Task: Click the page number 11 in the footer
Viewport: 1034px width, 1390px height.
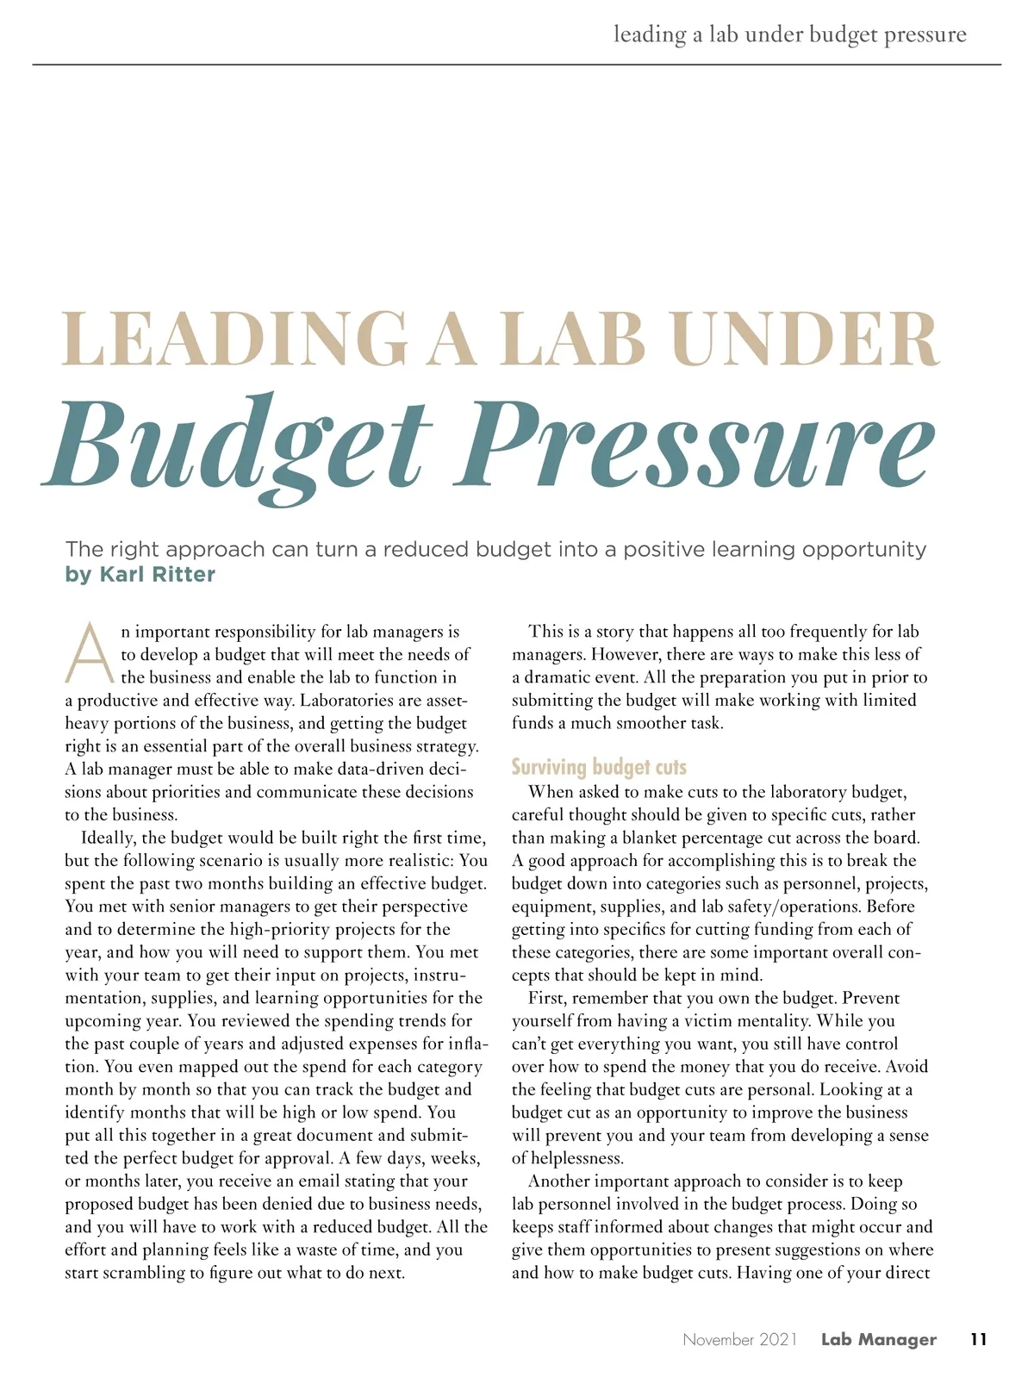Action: coord(978,1339)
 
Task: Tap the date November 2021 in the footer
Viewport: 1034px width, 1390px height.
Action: coord(739,1339)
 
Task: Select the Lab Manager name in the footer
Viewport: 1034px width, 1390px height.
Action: coord(878,1339)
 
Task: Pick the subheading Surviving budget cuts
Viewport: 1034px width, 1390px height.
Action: coord(599,767)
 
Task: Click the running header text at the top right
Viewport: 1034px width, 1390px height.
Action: coord(789,34)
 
